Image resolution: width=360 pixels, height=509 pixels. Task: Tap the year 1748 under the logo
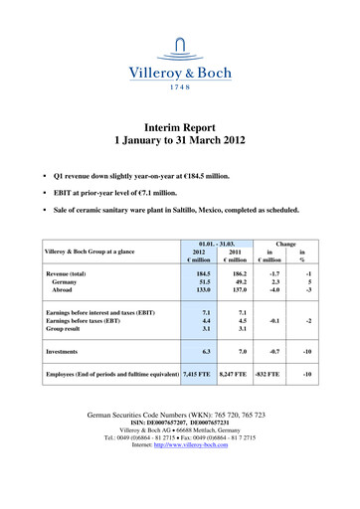[x=179, y=86]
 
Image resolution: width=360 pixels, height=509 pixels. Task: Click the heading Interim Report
[x=179, y=129]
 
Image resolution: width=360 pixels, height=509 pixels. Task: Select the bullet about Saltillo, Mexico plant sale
[x=179, y=211]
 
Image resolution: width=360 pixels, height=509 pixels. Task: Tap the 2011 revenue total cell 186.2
[x=237, y=271]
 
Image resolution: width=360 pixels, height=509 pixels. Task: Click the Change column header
[x=286, y=242]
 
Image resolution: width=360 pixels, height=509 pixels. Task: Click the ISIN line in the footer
[x=180, y=448]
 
